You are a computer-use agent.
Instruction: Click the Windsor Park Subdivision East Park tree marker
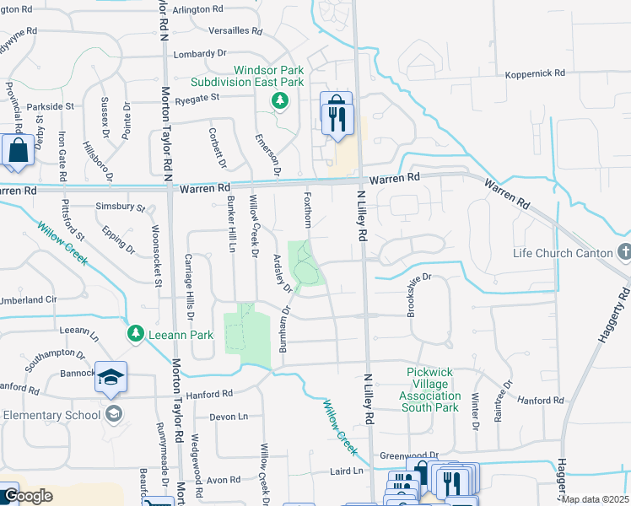pyautogui.click(x=280, y=102)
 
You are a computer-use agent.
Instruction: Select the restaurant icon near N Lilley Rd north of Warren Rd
pyautogui.click(x=337, y=113)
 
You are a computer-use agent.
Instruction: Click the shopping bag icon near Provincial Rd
pyautogui.click(x=17, y=152)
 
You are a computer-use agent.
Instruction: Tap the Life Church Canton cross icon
pyautogui.click(x=624, y=252)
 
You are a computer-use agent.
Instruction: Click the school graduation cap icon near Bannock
pyautogui.click(x=111, y=379)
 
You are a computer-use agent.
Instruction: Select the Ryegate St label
pyautogui.click(x=192, y=98)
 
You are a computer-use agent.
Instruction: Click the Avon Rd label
pyautogui.click(x=224, y=481)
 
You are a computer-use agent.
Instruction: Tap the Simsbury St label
pyautogui.click(x=121, y=207)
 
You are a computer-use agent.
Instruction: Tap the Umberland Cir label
pyautogui.click(x=28, y=299)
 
